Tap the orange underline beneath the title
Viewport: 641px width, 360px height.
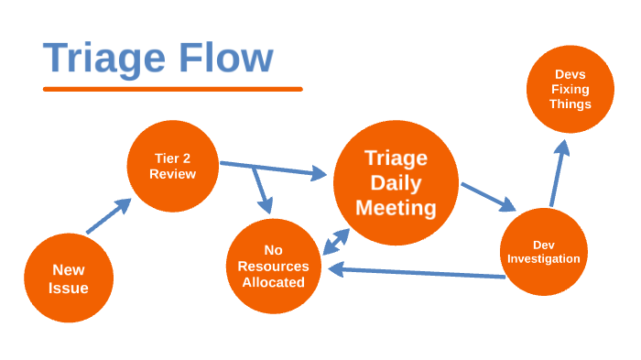tap(172, 89)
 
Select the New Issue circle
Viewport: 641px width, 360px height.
tap(69, 278)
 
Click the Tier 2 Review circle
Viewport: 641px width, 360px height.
tap(173, 166)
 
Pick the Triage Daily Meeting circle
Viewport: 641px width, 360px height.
tap(396, 182)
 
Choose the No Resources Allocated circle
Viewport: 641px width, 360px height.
tap(272, 266)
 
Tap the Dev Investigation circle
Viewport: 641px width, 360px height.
tap(544, 252)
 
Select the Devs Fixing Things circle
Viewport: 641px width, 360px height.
tap(570, 89)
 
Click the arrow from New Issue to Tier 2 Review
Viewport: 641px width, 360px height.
tap(108, 218)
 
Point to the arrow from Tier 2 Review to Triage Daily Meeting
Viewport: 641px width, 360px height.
tap(275, 169)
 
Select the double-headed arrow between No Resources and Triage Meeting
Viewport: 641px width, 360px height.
tap(335, 242)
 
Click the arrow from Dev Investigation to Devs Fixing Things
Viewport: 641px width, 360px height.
tap(558, 174)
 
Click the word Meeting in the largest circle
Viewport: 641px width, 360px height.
tap(396, 208)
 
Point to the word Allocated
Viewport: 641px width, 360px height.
tap(272, 282)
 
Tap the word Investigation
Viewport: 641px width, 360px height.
tap(544, 259)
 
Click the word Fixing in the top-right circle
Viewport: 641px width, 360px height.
tap(570, 89)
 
